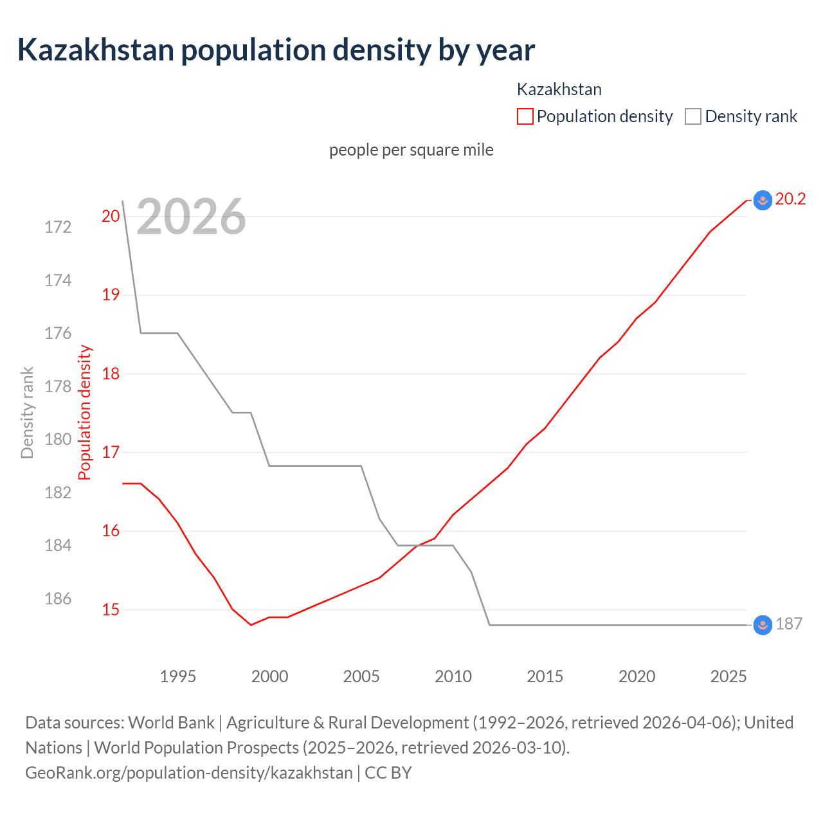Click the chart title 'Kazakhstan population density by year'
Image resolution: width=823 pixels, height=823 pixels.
click(276, 50)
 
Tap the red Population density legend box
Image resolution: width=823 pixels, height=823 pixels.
click(525, 116)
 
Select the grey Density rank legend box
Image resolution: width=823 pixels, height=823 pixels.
click(692, 116)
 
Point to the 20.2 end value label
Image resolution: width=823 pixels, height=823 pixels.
click(790, 199)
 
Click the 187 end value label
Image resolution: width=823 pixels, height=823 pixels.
click(789, 624)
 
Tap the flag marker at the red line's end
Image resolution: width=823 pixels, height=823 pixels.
click(762, 201)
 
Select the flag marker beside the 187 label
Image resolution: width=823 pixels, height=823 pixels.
click(762, 625)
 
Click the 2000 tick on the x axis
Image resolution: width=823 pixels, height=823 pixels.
click(269, 676)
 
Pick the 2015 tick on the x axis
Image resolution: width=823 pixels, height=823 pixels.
click(545, 676)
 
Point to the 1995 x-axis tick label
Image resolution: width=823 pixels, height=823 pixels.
click(177, 676)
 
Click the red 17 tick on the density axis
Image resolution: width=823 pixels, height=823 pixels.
click(111, 452)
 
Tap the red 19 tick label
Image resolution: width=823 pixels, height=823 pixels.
click(111, 295)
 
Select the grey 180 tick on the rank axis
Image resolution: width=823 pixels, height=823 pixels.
click(58, 440)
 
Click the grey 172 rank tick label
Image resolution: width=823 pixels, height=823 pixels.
click(58, 227)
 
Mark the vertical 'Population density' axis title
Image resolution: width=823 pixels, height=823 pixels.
click(85, 413)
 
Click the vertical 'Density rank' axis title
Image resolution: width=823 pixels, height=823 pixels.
click(27, 413)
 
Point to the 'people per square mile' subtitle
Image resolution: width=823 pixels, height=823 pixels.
click(411, 150)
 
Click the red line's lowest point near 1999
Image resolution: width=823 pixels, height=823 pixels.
click(251, 625)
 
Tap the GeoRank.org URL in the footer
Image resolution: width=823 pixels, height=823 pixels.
click(188, 772)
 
